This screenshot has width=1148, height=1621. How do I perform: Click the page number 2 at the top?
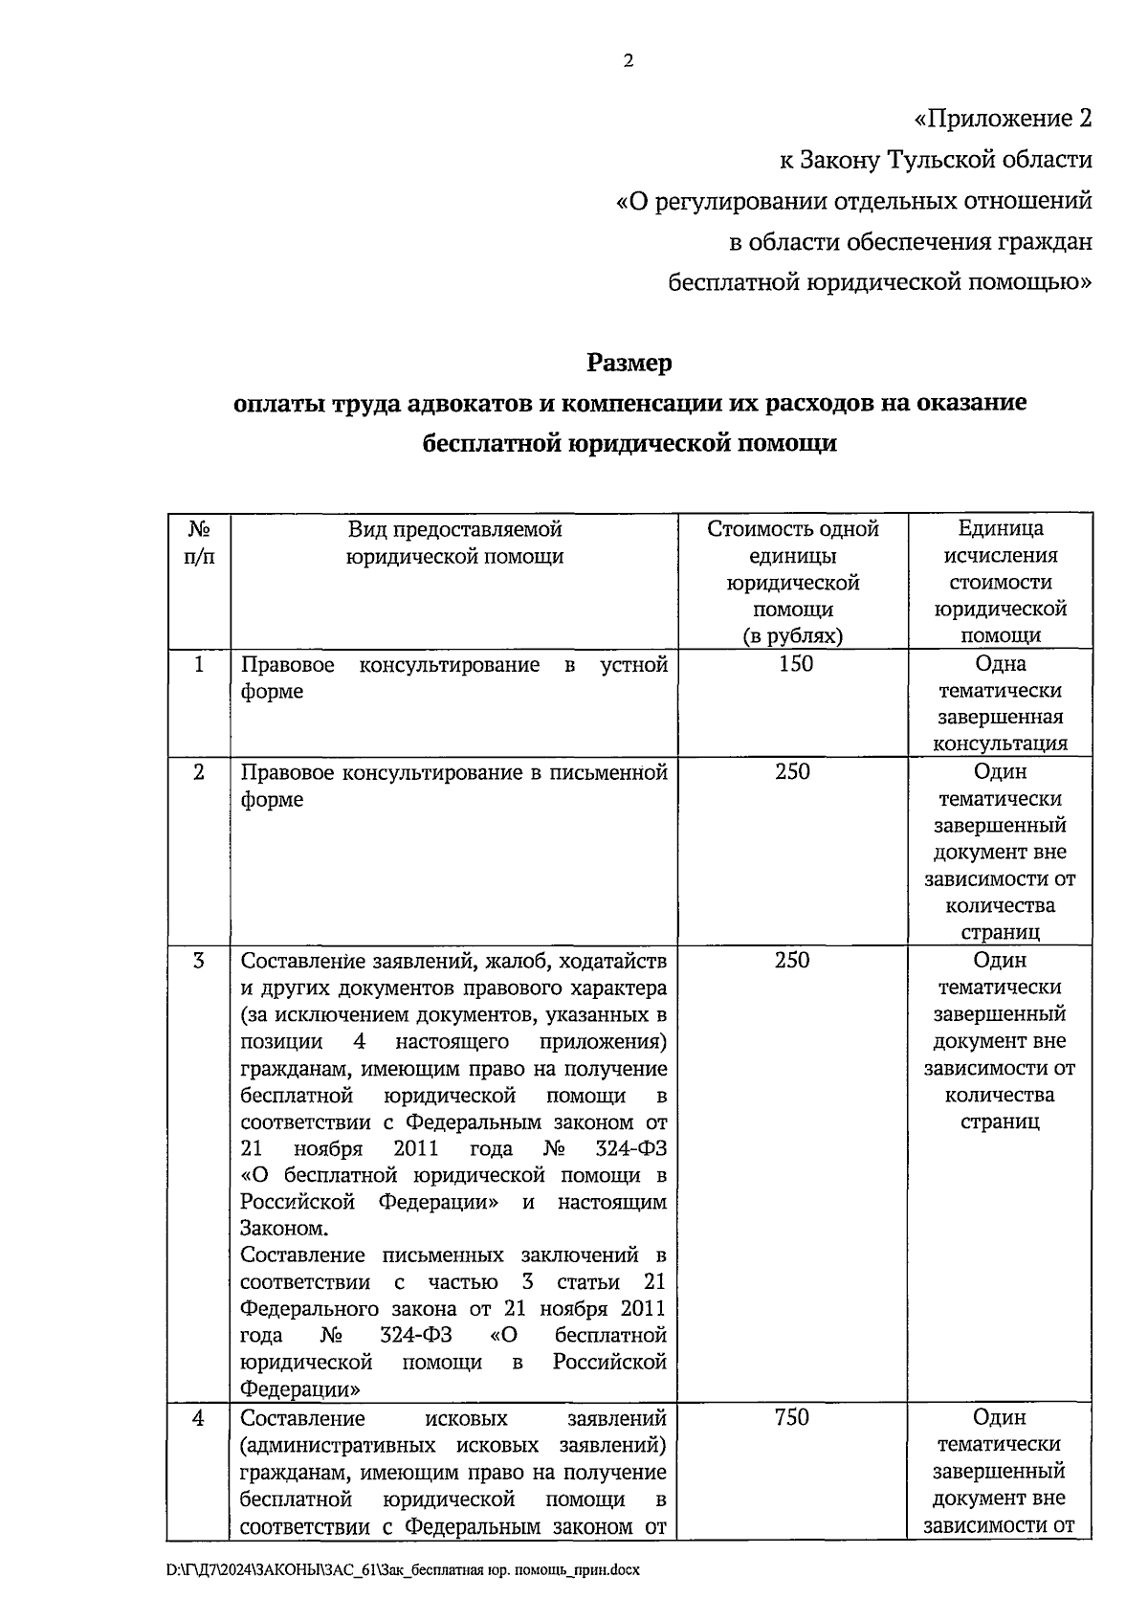(629, 61)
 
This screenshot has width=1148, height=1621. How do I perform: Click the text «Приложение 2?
(1002, 119)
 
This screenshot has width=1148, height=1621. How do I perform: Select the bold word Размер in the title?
(629, 364)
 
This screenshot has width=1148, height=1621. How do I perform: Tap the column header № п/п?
(198, 543)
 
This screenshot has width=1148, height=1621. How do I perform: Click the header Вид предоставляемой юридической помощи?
(454, 543)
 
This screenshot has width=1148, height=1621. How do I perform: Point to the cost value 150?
(795, 664)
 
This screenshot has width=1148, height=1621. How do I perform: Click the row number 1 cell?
(198, 664)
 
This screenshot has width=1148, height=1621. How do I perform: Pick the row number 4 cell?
(198, 1418)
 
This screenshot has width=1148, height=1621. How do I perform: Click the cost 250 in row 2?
(792, 771)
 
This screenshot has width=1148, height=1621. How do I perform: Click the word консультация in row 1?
(1000, 744)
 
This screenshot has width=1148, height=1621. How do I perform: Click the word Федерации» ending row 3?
(299, 1388)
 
